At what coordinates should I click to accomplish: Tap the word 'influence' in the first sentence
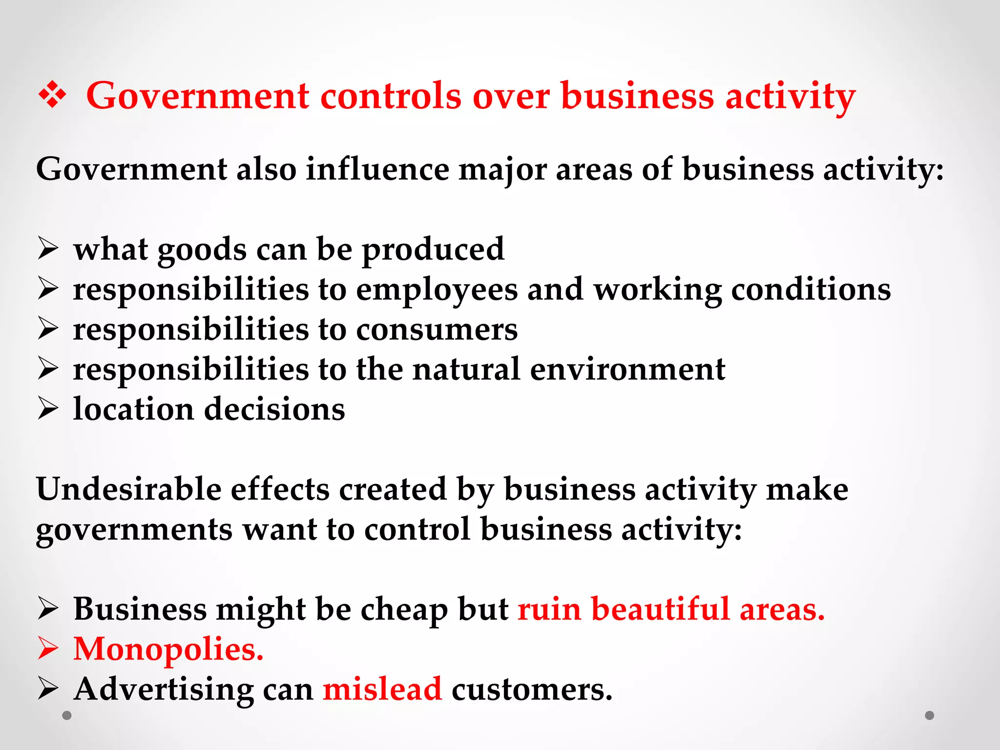click(x=377, y=169)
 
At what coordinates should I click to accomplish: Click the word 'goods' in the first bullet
click(x=202, y=250)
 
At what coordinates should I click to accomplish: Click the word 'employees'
click(x=437, y=290)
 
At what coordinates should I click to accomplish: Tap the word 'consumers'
click(x=437, y=330)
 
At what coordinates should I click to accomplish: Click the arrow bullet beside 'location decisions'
click(x=48, y=409)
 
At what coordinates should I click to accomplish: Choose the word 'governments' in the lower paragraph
click(x=134, y=530)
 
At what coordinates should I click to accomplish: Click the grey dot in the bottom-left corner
click(x=67, y=715)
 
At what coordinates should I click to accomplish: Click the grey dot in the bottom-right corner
click(x=930, y=715)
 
